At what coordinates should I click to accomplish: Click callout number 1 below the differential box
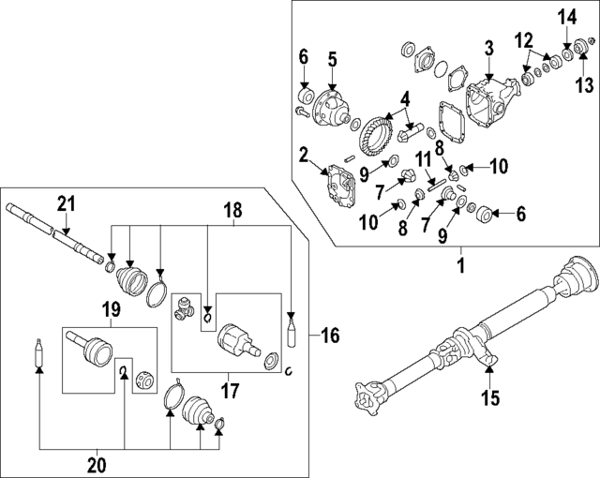click(460, 265)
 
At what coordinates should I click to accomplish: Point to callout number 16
click(330, 334)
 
